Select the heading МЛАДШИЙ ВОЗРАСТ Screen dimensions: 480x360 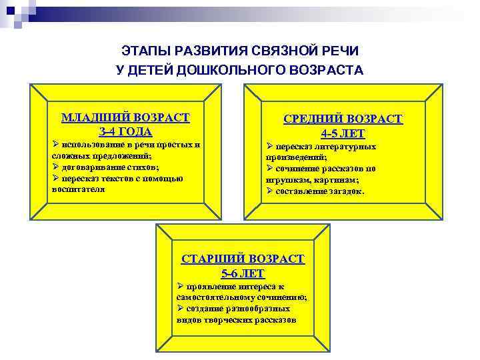(x=125, y=118)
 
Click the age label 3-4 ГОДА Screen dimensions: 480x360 (x=125, y=131)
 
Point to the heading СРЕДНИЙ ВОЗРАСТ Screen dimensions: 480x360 (x=343, y=119)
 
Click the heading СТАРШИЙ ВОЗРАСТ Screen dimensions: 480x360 (x=243, y=259)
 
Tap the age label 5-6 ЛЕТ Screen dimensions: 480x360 (x=243, y=273)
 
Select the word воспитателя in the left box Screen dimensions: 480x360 (x=79, y=189)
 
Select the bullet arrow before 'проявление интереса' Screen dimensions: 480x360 (x=180, y=286)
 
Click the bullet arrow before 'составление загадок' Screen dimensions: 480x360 (x=269, y=191)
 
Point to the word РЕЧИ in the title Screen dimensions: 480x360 (x=341, y=51)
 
